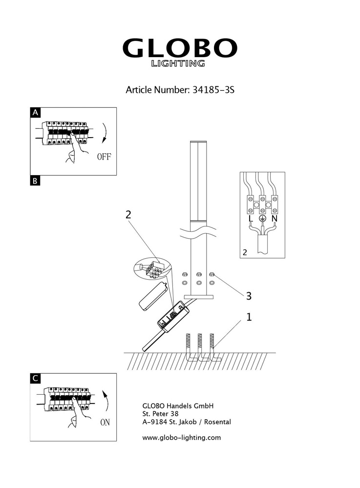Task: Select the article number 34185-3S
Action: pos(208,90)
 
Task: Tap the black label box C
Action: pos(35,378)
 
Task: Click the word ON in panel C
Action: pos(105,423)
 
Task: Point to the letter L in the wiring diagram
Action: pos(251,219)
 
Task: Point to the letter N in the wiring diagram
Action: pos(275,219)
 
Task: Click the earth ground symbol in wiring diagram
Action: pos(262,219)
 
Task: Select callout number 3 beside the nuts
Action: pos(249,295)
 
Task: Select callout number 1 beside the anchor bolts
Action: pos(249,317)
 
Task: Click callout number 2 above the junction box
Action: pos(129,215)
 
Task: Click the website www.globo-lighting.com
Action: pos(181,438)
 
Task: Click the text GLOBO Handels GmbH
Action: pos(178,406)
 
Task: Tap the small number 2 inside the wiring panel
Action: pos(245,252)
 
